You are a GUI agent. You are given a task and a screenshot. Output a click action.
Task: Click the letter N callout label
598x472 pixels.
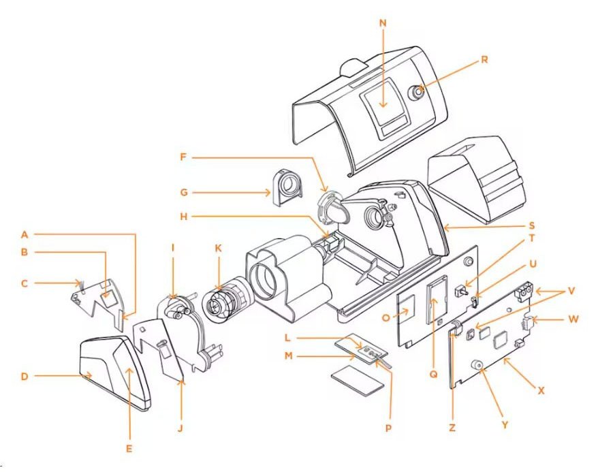[x=383, y=22]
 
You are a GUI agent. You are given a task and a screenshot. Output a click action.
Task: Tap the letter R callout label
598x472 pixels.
[x=484, y=59]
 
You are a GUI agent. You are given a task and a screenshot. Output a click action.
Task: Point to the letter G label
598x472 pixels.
[x=184, y=193]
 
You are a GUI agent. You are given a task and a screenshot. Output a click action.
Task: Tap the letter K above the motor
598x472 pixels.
[x=219, y=249]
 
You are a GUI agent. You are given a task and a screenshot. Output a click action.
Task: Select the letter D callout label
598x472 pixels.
[x=25, y=375]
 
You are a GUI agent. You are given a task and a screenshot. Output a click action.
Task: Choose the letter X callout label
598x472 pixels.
[x=541, y=391]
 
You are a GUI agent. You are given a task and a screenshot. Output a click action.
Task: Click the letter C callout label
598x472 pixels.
[x=24, y=282]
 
